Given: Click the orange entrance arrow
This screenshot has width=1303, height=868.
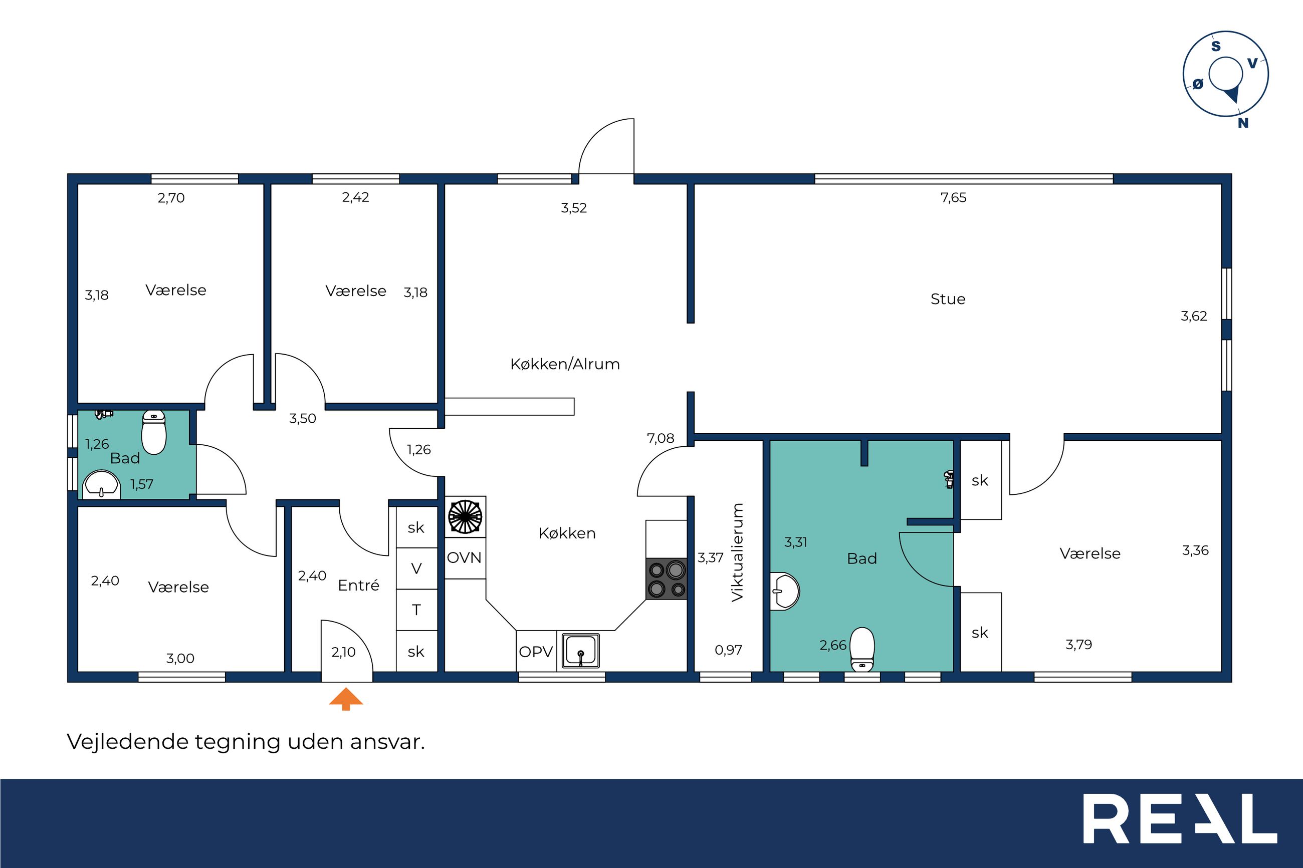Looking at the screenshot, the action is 346,699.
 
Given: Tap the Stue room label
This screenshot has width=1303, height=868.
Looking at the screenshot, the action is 948,299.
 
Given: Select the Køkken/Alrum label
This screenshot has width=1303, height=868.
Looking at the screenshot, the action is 565,364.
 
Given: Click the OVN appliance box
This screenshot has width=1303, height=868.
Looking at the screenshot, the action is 465,557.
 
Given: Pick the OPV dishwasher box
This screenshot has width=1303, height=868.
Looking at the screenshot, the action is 536,651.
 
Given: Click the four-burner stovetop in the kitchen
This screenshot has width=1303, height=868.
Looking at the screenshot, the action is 667,578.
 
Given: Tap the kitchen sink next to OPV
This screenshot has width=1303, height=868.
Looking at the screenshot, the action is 581,651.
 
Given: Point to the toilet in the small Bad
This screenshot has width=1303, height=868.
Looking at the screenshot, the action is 154,432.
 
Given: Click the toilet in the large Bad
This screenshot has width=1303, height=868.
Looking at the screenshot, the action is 862,649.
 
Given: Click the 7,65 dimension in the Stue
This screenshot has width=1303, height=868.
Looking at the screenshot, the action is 953,198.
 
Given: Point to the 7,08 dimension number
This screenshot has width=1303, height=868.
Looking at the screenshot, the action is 660,438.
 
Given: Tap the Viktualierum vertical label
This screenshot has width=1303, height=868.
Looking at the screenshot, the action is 737,552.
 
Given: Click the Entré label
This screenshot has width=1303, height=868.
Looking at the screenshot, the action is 358,585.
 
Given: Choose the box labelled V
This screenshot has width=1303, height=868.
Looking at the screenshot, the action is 416,568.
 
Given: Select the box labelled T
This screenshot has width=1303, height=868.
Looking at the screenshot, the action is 416,610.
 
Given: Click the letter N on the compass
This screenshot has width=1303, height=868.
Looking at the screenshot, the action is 1243,123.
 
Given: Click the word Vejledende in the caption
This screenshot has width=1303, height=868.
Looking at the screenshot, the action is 128,742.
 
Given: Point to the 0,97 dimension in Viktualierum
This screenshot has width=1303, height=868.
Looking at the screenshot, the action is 728,651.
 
